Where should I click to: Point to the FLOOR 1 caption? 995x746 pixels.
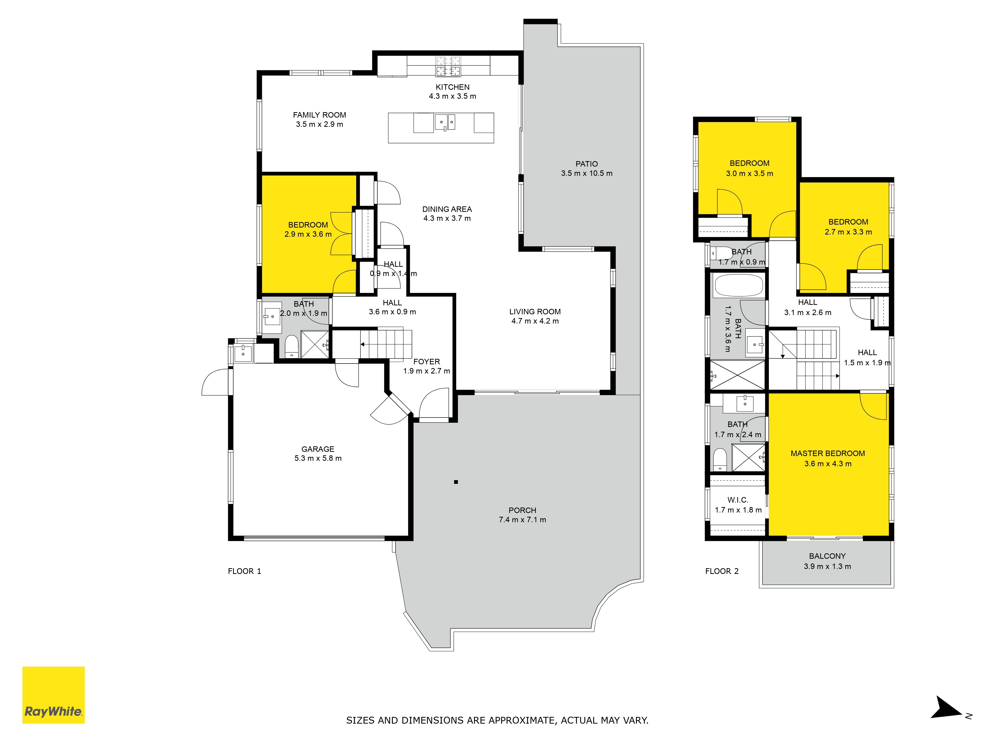pos(244,571)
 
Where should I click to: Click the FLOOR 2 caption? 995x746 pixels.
pos(722,571)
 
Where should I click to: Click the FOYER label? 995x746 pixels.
pos(426,362)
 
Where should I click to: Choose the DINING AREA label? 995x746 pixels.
pos(447,209)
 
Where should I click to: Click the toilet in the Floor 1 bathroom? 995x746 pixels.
pos(292,346)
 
